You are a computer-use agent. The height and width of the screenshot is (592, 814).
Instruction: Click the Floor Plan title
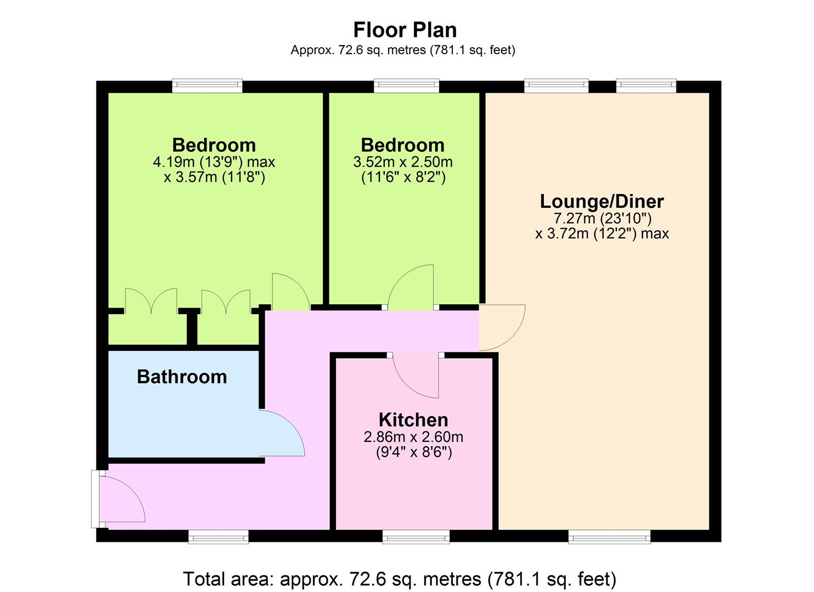(x=405, y=30)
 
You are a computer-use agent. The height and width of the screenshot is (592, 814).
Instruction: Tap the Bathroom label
(x=181, y=377)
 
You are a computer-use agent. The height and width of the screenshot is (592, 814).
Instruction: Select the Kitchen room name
(x=413, y=420)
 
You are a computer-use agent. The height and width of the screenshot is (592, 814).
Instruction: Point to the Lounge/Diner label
(x=602, y=202)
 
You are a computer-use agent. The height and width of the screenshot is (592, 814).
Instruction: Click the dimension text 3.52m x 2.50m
(x=403, y=162)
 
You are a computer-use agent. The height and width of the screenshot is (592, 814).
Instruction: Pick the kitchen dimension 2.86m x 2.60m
(x=413, y=437)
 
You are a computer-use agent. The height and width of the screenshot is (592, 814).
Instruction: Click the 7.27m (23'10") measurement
(x=602, y=218)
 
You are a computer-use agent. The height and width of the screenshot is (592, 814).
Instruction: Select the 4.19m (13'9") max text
(x=214, y=162)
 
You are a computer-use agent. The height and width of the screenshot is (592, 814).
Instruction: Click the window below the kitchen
(x=416, y=537)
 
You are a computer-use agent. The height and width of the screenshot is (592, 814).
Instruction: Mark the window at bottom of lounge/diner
(x=610, y=537)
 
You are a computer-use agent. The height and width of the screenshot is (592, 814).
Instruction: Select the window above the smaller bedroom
(x=407, y=86)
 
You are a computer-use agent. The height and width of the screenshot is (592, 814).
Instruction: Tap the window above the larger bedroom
(x=207, y=86)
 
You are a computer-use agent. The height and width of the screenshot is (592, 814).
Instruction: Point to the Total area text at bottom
(x=400, y=579)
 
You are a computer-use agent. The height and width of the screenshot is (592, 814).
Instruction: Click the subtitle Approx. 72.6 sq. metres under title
(x=403, y=50)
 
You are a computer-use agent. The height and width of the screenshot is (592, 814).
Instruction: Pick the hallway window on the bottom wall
(x=218, y=537)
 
